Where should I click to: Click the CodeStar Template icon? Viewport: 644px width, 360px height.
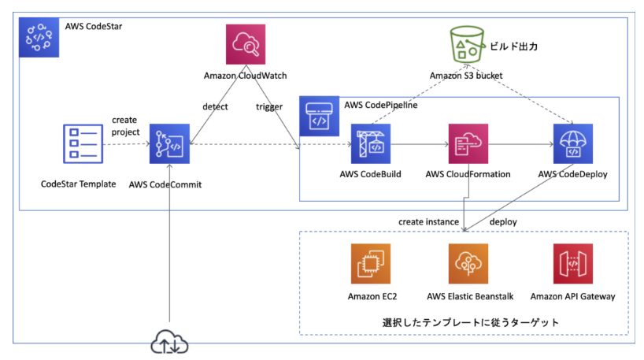[x=79, y=143]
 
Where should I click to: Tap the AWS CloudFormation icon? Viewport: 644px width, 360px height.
[x=468, y=144]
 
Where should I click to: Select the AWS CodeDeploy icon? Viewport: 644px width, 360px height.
[x=570, y=144]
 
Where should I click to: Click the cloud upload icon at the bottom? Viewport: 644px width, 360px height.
[x=171, y=343]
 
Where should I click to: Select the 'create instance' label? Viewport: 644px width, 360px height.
[x=428, y=222]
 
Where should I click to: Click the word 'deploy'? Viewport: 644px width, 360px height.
[x=503, y=222]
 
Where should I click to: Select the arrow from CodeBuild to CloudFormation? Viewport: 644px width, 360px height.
[x=420, y=145]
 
